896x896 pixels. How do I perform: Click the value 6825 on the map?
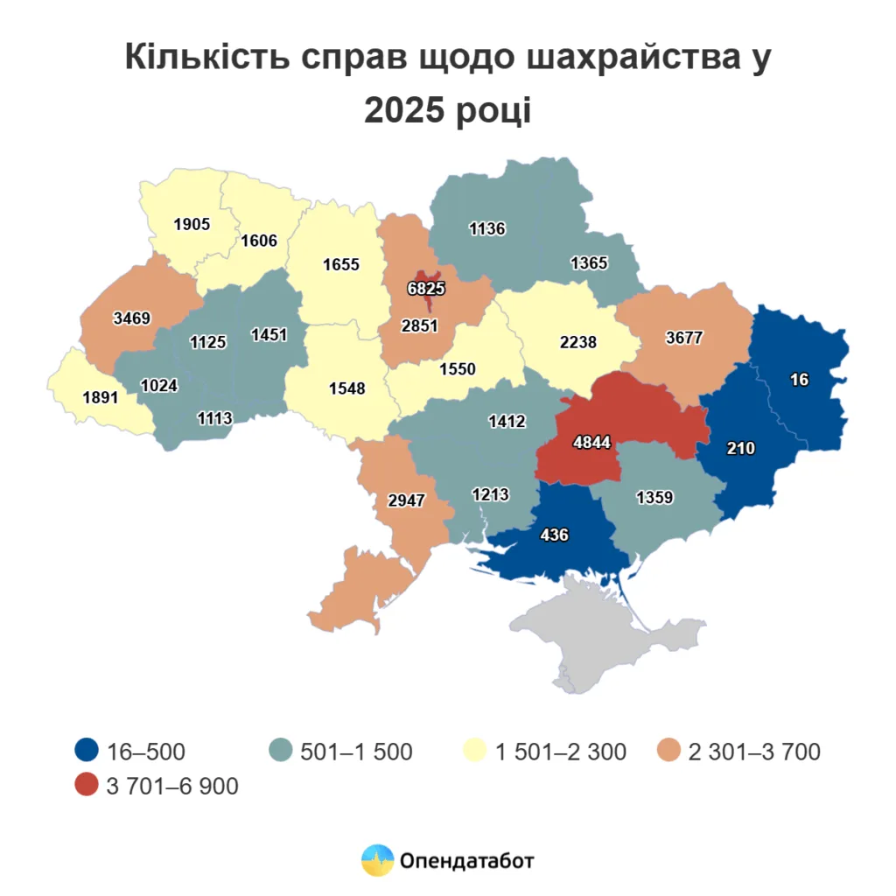(426, 287)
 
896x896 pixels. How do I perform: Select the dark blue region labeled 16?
(798, 379)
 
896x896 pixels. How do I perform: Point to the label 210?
(740, 448)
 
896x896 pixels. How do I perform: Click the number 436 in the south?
(555, 534)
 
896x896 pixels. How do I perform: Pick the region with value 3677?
(683, 338)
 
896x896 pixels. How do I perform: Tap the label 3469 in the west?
(132, 318)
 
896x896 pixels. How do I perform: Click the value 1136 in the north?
(487, 229)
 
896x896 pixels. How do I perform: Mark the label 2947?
(405, 500)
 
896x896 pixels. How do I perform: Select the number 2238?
(577, 342)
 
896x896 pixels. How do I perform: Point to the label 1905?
(192, 224)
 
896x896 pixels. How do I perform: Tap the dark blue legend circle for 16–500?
(86, 751)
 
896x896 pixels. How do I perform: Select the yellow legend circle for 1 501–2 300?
(475, 751)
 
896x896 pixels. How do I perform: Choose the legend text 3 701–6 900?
(171, 786)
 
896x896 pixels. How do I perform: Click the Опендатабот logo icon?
(378, 860)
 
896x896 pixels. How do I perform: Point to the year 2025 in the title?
(406, 111)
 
